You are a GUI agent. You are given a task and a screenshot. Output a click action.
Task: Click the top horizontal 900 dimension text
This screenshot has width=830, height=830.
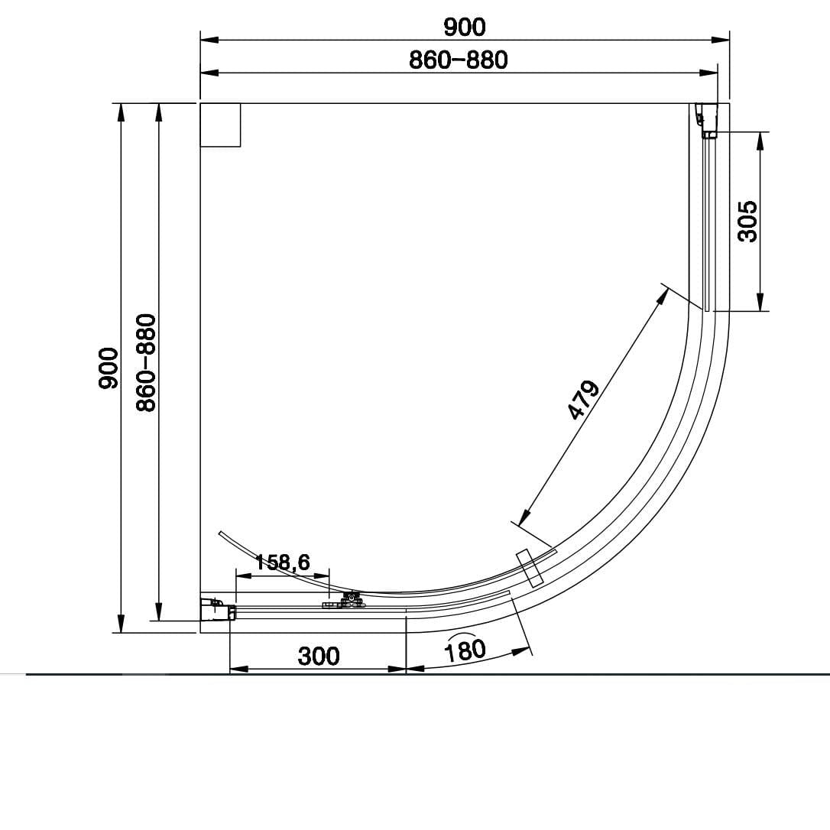click(x=464, y=27)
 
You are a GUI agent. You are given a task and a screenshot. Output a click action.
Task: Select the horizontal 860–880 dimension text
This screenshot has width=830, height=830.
click(x=458, y=60)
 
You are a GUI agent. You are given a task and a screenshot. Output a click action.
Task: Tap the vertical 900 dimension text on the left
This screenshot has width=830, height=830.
click(x=109, y=368)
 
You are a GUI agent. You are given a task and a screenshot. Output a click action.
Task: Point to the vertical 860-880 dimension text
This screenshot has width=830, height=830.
click(x=146, y=362)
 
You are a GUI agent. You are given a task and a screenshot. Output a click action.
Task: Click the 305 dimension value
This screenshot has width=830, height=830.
click(x=747, y=222)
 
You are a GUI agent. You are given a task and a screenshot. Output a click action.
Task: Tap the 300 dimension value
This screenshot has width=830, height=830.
click(x=319, y=655)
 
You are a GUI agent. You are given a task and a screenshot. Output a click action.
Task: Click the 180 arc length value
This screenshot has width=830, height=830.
click(x=465, y=649)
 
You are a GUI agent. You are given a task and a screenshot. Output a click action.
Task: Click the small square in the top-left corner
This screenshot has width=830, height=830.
click(x=220, y=125)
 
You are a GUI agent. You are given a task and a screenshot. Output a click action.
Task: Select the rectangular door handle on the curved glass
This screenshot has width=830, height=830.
click(x=529, y=568)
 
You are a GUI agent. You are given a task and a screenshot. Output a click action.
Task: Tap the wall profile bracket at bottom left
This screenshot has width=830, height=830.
click(x=216, y=610)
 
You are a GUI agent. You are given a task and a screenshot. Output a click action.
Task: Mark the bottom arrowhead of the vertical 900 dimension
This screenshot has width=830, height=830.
click(x=121, y=624)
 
